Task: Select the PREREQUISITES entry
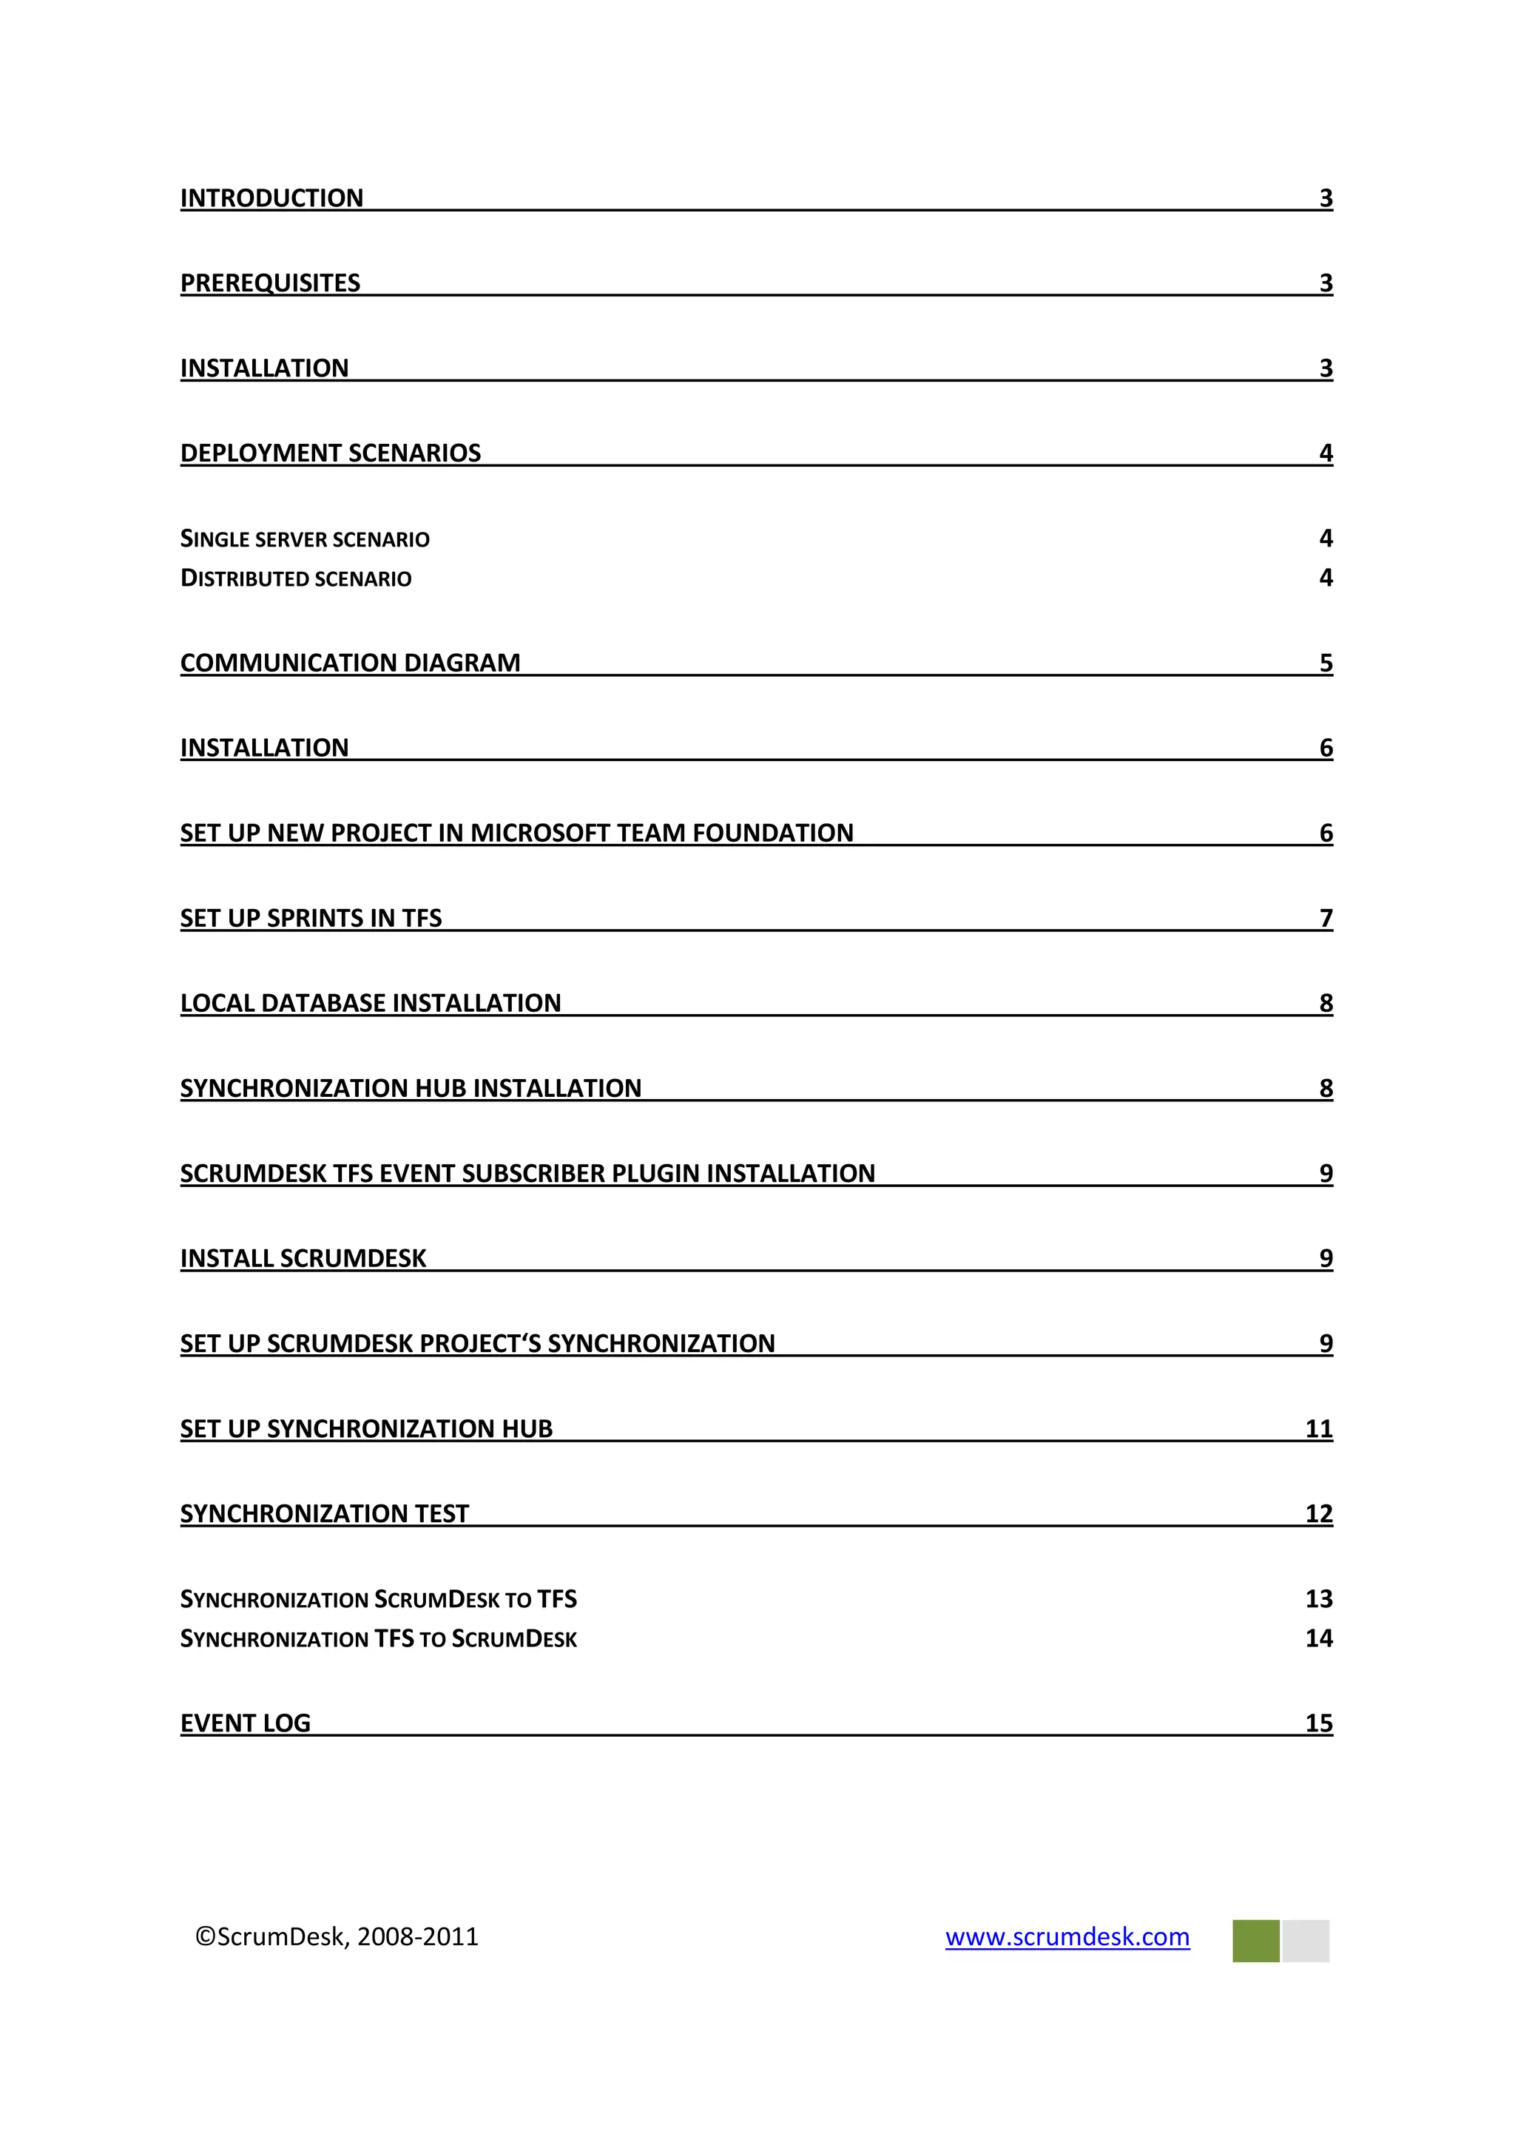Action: pos(269,283)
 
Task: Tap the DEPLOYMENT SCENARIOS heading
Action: pos(330,453)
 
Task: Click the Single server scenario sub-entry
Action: pos(304,539)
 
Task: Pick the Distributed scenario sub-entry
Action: pos(296,578)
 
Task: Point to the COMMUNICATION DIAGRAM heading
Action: pos(350,663)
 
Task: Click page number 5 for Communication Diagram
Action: pos(1326,663)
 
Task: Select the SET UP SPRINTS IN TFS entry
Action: pos(311,918)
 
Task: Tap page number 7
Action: pos(1326,918)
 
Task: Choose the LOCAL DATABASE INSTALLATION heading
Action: pos(371,1003)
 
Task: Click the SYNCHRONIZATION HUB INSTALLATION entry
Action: pos(411,1088)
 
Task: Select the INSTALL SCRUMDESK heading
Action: pos(303,1259)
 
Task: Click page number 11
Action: pos(1318,1428)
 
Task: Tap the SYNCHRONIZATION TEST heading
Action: pos(324,1513)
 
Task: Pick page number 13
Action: pos(1318,1599)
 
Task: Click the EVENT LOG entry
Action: pos(246,1723)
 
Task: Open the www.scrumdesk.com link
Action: pos(1067,1937)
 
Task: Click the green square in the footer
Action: pos(1255,1941)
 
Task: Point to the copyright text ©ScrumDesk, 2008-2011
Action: pos(337,1937)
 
